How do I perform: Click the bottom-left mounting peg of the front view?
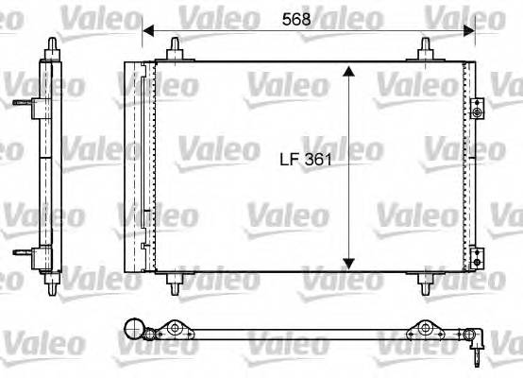pyautogui.click(x=176, y=280)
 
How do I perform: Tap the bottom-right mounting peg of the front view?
pyautogui.click(x=427, y=280)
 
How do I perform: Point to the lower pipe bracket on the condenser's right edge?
pyautogui.click(x=477, y=254)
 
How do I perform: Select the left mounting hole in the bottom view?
pyautogui.click(x=176, y=330)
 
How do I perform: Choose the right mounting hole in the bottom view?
pyautogui.click(x=426, y=330)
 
